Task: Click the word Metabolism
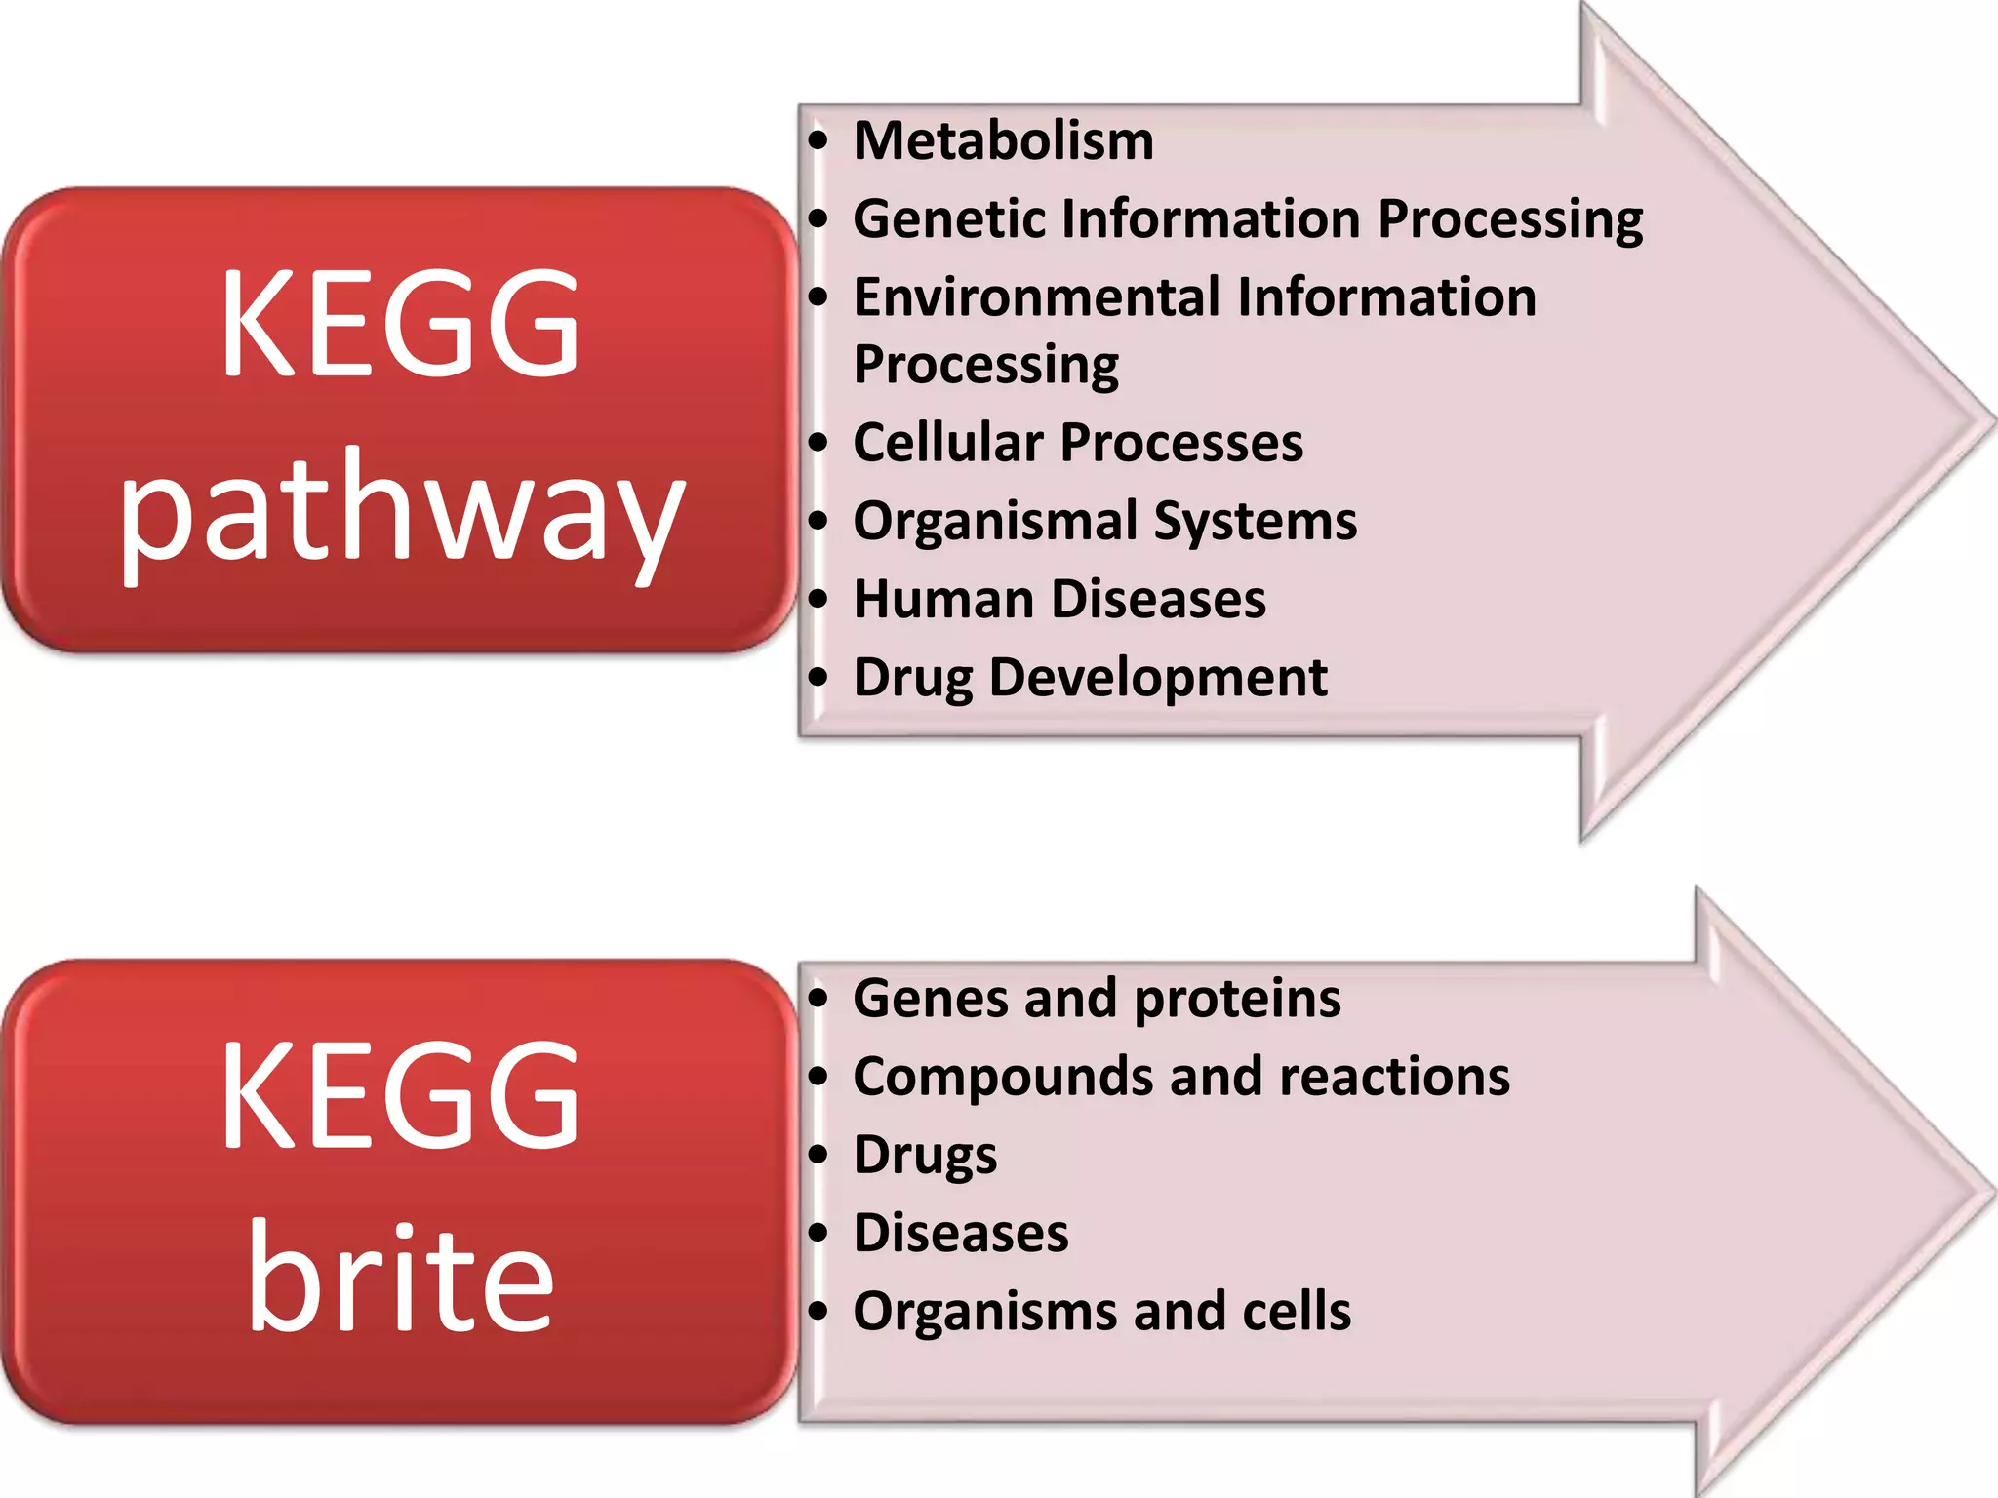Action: pyautogui.click(x=1003, y=141)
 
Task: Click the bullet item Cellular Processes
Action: pyautogui.click(x=1077, y=443)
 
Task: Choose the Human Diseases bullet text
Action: pyautogui.click(x=1059, y=599)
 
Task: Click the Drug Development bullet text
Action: pyautogui.click(x=1090, y=677)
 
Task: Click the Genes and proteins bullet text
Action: pyautogui.click(x=1097, y=999)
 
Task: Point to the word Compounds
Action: pyautogui.click(x=1002, y=1077)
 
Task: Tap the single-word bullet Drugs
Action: pyautogui.click(x=925, y=1157)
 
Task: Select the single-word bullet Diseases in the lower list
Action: pyautogui.click(x=961, y=1233)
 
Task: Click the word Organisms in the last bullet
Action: pyautogui.click(x=984, y=1312)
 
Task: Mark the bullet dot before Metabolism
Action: pyautogui.click(x=819, y=141)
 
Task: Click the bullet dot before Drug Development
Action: pyautogui.click(x=819, y=677)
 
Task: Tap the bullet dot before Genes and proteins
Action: pyautogui.click(x=819, y=999)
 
